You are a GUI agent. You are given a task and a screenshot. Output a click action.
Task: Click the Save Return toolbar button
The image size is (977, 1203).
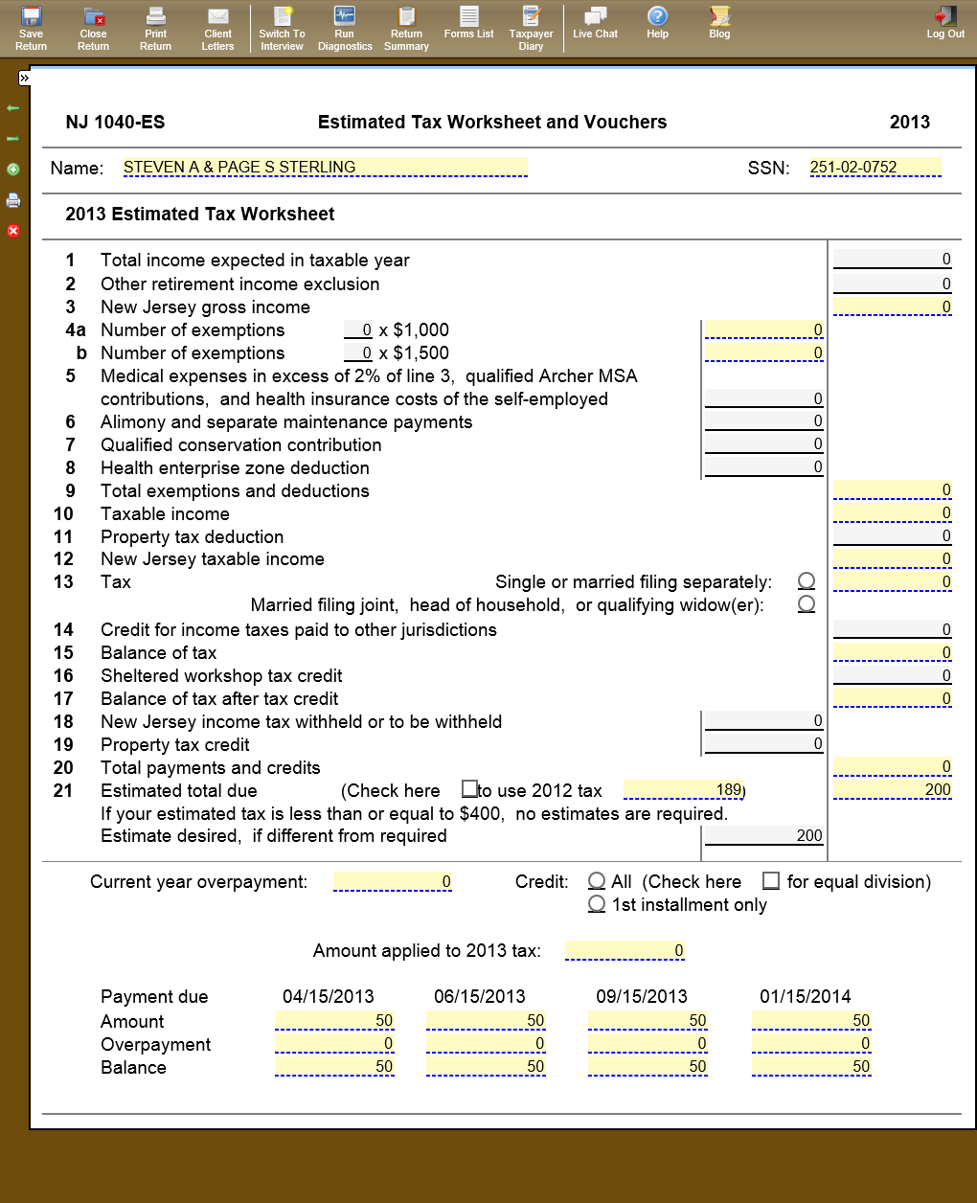pyautogui.click(x=32, y=28)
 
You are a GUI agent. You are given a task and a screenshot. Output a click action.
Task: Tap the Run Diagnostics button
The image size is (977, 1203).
pyautogui.click(x=345, y=28)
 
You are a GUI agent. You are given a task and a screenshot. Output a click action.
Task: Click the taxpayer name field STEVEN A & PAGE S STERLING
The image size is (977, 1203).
pyautogui.click(x=325, y=168)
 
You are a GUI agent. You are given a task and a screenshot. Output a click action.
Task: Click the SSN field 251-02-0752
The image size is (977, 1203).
pyautogui.click(x=875, y=168)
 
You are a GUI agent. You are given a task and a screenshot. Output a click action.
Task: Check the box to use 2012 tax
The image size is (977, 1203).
pyautogui.click(x=469, y=789)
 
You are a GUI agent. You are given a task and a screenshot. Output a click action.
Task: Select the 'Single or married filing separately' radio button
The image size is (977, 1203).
pyautogui.click(x=807, y=581)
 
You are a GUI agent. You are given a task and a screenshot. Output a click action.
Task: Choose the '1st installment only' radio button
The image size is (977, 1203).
pyautogui.click(x=597, y=904)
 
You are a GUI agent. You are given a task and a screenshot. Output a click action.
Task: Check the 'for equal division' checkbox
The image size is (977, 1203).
pyautogui.click(x=771, y=880)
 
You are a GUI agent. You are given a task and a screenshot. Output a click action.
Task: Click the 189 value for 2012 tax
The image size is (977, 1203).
pyautogui.click(x=684, y=790)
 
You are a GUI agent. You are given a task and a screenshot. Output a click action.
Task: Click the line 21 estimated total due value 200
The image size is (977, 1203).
pyautogui.click(x=893, y=790)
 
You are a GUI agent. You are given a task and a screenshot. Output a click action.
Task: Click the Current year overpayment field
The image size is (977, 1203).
pyautogui.click(x=392, y=882)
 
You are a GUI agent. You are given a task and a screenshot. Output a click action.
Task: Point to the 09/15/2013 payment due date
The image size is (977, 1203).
pyautogui.click(x=642, y=996)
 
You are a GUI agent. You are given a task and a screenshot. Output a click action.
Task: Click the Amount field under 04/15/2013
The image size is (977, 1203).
pyautogui.click(x=334, y=1021)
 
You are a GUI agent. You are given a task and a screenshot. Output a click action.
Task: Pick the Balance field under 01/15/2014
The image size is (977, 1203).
pyautogui.click(x=811, y=1067)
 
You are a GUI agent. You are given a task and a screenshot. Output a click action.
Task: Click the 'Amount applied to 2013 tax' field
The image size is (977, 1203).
pyautogui.click(x=625, y=951)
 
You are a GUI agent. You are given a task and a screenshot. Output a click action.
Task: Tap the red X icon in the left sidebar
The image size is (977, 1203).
pyautogui.click(x=13, y=231)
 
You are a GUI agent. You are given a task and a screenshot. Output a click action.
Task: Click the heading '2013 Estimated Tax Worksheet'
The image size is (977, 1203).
pyautogui.click(x=200, y=215)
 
